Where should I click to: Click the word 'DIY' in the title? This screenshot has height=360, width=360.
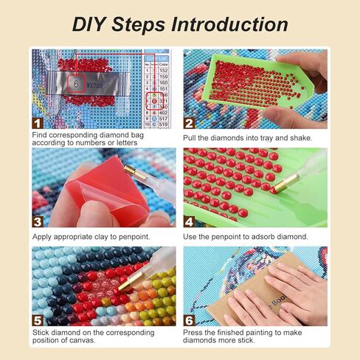click(91, 24)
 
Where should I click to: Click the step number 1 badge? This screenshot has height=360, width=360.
click(37, 123)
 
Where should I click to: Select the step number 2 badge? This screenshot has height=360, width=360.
click(189, 123)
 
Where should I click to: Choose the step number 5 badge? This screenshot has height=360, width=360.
click(37, 321)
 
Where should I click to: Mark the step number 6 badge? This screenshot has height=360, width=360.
click(189, 321)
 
